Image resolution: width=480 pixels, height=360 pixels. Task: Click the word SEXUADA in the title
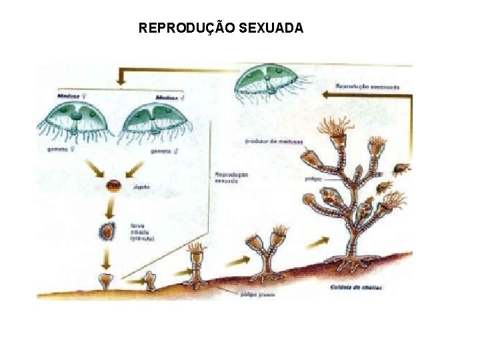pyautogui.click(x=271, y=28)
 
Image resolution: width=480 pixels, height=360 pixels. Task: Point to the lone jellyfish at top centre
pyautogui.click(x=269, y=83)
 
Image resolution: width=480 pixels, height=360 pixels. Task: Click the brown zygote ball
pyautogui.click(x=115, y=186)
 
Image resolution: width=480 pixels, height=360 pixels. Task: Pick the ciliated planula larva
pyautogui.click(x=107, y=231)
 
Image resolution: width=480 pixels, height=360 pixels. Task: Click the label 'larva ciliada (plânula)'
pyautogui.click(x=141, y=231)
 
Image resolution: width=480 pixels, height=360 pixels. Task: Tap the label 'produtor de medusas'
pyautogui.click(x=274, y=141)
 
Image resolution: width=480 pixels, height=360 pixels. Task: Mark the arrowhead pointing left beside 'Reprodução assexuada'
pyautogui.click(x=327, y=95)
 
